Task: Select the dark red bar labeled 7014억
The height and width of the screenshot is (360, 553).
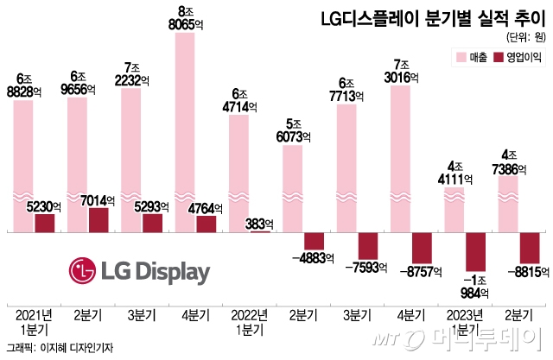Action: [99, 220]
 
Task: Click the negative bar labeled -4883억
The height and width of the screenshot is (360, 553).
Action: [315, 242]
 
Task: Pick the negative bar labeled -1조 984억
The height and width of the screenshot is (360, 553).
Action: [477, 252]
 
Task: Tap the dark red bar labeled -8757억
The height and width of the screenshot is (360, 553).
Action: [423, 248]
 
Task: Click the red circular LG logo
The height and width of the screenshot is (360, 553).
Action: [86, 273]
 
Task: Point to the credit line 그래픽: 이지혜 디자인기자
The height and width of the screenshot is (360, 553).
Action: [59, 348]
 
